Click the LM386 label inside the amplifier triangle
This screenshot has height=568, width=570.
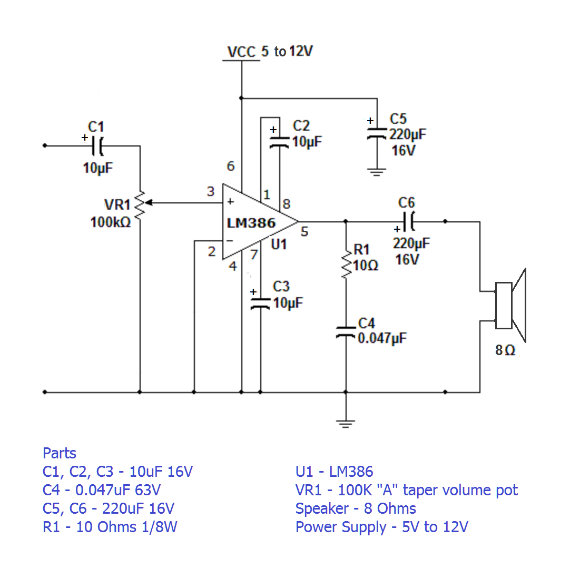[251, 223]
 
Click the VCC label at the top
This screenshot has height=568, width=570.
[241, 52]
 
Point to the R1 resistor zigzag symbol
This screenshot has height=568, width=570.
[346, 264]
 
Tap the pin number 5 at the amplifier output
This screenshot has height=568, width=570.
[304, 232]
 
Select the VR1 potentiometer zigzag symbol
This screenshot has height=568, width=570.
[140, 204]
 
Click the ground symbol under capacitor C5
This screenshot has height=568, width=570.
[376, 172]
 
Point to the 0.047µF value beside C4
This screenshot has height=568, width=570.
[382, 338]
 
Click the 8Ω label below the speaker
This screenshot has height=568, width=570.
[505, 350]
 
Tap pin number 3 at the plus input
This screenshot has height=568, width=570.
[211, 192]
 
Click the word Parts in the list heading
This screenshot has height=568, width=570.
[60, 453]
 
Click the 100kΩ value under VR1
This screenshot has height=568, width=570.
[111, 222]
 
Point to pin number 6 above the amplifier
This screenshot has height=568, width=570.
[230, 167]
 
